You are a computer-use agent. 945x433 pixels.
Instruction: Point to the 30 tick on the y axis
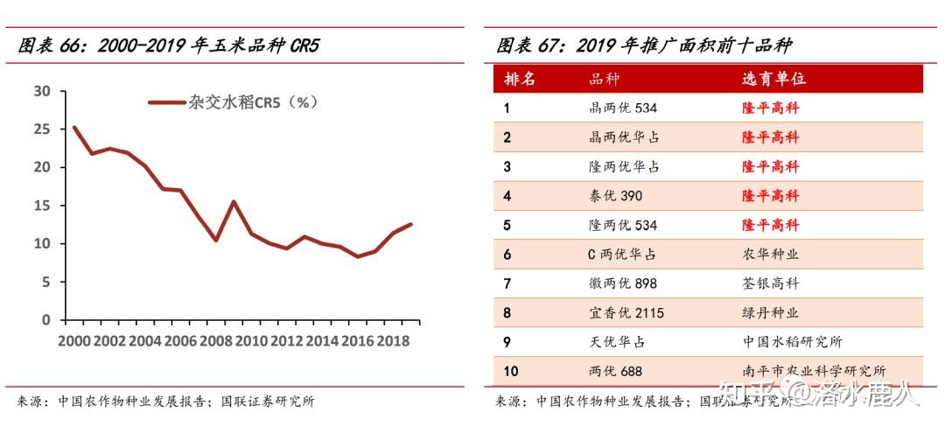point(42,91)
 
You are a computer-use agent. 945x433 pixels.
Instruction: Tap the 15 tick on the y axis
point(42,206)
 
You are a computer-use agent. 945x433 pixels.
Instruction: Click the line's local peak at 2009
point(234,202)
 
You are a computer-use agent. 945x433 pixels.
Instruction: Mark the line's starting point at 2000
point(73,127)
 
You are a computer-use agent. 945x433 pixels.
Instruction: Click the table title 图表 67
point(644,46)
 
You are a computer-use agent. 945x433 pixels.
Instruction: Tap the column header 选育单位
point(773,79)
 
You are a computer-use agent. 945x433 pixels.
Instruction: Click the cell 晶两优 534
point(623,108)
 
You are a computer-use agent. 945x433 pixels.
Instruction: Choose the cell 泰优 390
point(616,196)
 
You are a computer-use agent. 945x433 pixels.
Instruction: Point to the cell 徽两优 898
point(623,283)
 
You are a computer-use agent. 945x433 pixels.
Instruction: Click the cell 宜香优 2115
point(626,312)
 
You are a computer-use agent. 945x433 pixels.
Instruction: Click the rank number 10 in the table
point(511,371)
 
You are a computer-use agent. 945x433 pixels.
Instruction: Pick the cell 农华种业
point(770,255)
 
